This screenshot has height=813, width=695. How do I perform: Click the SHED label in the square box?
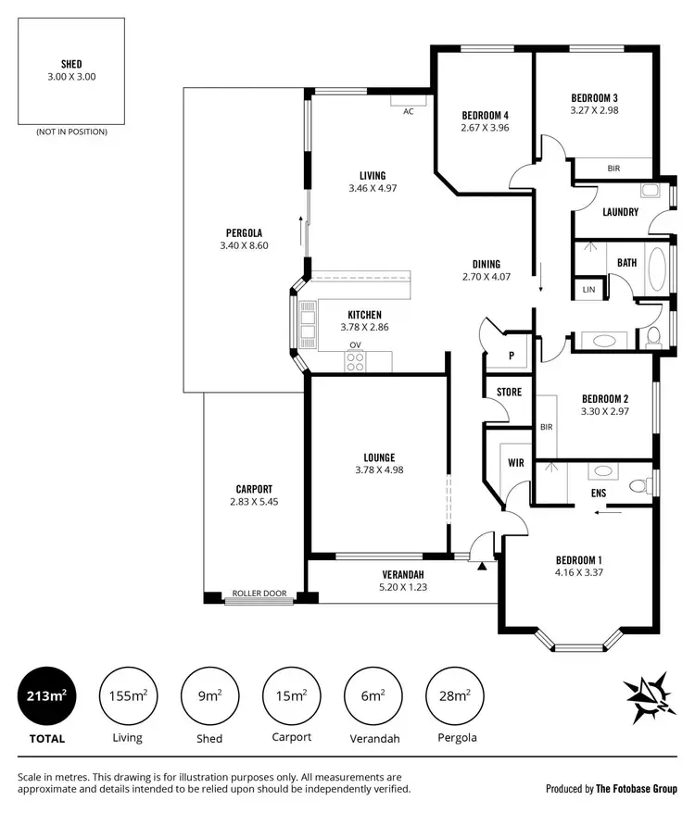pos(71,64)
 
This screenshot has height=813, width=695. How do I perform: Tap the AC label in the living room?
pos(408,111)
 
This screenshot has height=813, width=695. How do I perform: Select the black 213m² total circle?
pos(46,696)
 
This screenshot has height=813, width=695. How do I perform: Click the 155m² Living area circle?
pos(128,696)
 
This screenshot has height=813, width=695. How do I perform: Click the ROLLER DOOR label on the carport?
pos(259,594)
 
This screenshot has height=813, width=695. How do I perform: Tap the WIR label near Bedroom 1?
pos(516,462)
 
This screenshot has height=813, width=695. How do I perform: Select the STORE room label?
pos(509,392)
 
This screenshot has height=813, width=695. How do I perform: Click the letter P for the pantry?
pos(512,355)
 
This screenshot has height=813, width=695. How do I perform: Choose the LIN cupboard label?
pos(588,290)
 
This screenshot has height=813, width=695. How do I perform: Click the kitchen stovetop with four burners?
pos(355,362)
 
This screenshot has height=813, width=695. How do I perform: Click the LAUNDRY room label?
pos(620,212)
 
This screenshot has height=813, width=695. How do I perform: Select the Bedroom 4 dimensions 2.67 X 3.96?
pos(485,128)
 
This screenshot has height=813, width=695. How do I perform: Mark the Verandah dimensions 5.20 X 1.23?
pos(403,586)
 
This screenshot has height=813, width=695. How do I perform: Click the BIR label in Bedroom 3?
pos(613,169)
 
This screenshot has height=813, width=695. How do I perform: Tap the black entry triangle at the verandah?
pos(481,566)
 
